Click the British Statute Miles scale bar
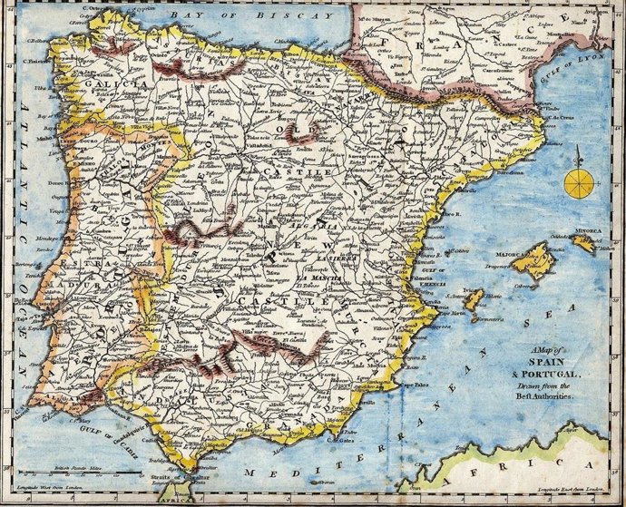coord(100,471)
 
